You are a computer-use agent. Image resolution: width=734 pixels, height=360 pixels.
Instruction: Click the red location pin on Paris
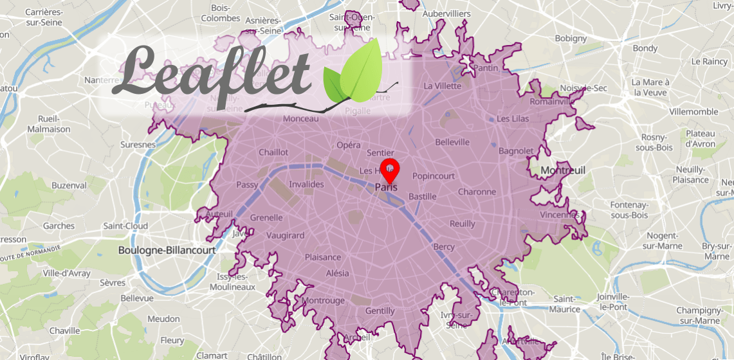(390, 170)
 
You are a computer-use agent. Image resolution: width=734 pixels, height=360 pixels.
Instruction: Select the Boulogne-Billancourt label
(166, 250)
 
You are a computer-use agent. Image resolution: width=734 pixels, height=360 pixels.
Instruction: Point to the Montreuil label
(563, 170)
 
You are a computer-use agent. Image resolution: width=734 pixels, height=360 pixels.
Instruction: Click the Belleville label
(452, 142)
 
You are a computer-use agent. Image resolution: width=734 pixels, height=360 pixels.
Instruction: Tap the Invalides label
(306, 184)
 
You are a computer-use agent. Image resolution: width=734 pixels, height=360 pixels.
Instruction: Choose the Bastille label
(423, 196)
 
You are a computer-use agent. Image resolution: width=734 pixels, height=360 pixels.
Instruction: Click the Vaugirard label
(285, 235)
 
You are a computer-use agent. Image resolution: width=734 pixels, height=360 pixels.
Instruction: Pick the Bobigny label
(571, 39)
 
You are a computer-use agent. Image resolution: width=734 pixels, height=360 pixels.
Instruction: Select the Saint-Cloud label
(125, 226)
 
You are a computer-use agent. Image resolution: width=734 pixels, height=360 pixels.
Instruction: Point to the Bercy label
(444, 247)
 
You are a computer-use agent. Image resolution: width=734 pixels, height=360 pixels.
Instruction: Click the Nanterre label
(102, 80)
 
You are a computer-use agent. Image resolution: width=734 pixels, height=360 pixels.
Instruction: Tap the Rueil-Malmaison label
(49, 124)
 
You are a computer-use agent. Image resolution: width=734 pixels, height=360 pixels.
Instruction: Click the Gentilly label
(380, 310)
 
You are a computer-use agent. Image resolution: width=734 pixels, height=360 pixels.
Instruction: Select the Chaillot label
(273, 152)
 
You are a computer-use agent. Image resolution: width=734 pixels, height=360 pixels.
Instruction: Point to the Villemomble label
(693, 111)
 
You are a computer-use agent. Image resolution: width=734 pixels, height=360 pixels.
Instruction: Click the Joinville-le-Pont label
(612, 301)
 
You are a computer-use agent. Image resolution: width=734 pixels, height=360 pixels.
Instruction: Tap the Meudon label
(163, 319)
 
